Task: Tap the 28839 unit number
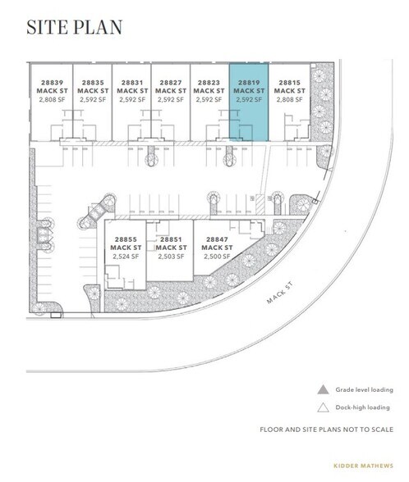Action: pos(51,82)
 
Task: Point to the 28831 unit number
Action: pos(131,82)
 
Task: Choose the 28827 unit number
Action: pos(171,82)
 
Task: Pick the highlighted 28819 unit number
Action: pos(248,82)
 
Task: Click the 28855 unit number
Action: pos(127,239)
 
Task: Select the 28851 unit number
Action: pos(171,239)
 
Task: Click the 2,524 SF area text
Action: pos(127,256)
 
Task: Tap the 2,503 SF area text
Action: pos(171,256)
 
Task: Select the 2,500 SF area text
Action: pos(214,256)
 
